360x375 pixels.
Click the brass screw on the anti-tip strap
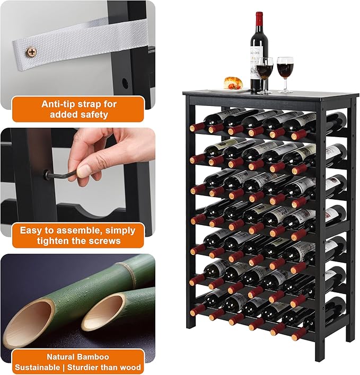(32, 52)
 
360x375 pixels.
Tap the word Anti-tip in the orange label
(60, 104)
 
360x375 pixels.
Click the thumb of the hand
(85, 170)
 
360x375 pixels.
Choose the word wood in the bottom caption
(130, 367)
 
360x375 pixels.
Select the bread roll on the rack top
(233, 83)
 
